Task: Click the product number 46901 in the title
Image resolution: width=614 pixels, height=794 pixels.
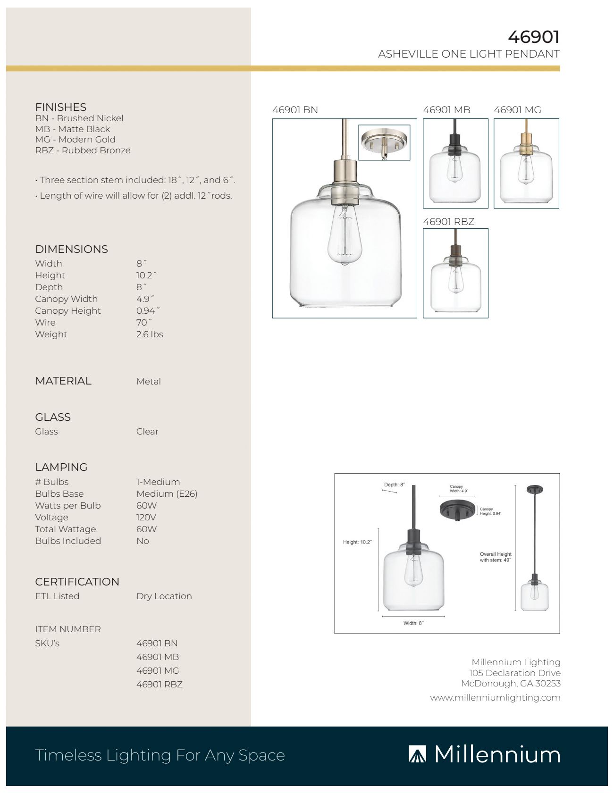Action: tap(533, 37)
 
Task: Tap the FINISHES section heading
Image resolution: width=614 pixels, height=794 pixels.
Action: tap(60, 107)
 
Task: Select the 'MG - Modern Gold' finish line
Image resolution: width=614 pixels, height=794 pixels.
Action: tap(75, 140)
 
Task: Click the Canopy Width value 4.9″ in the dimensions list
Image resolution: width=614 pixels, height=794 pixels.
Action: tap(145, 299)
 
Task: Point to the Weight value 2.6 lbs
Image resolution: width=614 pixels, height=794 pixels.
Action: tap(150, 334)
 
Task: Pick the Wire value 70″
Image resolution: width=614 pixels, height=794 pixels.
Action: tap(144, 323)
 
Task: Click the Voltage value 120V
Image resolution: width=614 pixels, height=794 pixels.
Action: tap(146, 518)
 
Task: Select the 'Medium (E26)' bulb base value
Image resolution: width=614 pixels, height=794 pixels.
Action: tap(167, 494)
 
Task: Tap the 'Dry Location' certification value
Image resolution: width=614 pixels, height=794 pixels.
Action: tap(164, 596)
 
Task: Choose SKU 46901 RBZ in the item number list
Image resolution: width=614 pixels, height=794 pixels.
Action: tap(159, 685)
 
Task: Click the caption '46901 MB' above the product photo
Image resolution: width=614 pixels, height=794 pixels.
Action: tap(446, 110)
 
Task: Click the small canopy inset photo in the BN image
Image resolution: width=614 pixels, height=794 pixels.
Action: tap(384, 142)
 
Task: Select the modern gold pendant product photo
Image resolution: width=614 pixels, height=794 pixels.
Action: tap(526, 163)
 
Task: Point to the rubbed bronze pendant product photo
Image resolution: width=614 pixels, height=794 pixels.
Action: tap(455, 273)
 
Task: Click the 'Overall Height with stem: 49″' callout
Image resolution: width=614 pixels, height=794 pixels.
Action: tap(496, 557)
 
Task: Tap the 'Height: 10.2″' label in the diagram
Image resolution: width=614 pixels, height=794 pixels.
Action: tap(357, 542)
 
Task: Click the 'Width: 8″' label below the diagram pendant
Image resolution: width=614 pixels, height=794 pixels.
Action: tap(413, 623)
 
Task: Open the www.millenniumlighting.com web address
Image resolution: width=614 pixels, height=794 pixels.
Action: tap(495, 698)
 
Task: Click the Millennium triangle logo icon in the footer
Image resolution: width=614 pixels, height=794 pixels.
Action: tap(417, 754)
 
